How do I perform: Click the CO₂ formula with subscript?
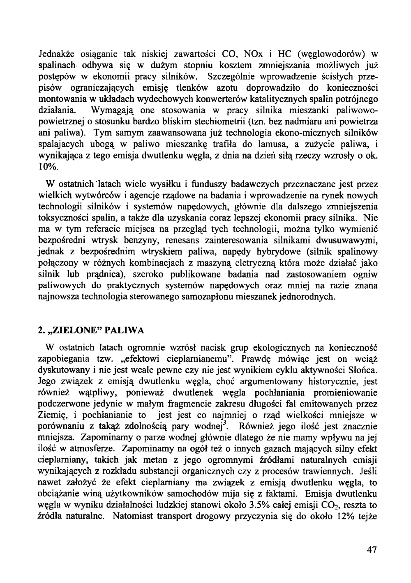pos(332,505)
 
